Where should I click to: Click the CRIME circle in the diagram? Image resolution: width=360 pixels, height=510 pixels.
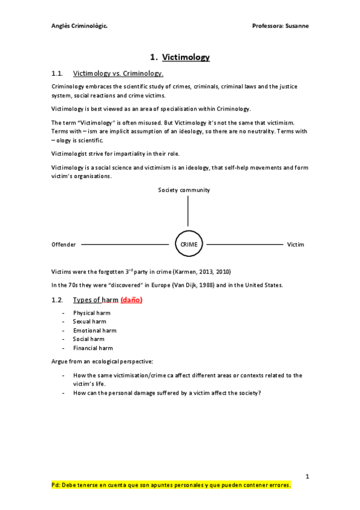tap(189, 244)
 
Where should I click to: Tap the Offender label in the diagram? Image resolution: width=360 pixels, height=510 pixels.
tap(64, 245)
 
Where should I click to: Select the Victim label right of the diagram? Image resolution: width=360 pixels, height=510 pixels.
tap(296, 245)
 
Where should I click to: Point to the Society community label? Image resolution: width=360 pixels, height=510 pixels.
tap(184, 190)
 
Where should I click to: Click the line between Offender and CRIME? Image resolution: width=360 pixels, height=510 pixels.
tap(125, 245)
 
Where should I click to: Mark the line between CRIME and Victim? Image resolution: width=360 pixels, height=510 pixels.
tap(244, 245)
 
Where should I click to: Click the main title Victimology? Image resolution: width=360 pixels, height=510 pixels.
tap(186, 58)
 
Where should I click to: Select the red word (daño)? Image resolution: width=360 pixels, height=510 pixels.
tap(132, 300)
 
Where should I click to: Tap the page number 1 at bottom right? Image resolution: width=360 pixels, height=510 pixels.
tap(307, 477)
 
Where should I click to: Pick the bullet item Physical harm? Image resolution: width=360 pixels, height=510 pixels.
tap(91, 313)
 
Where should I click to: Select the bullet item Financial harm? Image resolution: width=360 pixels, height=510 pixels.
tap(93, 348)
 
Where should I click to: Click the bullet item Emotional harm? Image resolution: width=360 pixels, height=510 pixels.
tap(94, 330)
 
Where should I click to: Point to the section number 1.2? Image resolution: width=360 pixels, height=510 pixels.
tap(58, 300)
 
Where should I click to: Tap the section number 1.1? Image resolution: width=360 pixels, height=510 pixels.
tap(58, 73)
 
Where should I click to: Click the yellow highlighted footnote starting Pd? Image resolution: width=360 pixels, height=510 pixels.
tap(171, 485)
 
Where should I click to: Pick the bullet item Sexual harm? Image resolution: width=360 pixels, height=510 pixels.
tap(89, 322)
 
